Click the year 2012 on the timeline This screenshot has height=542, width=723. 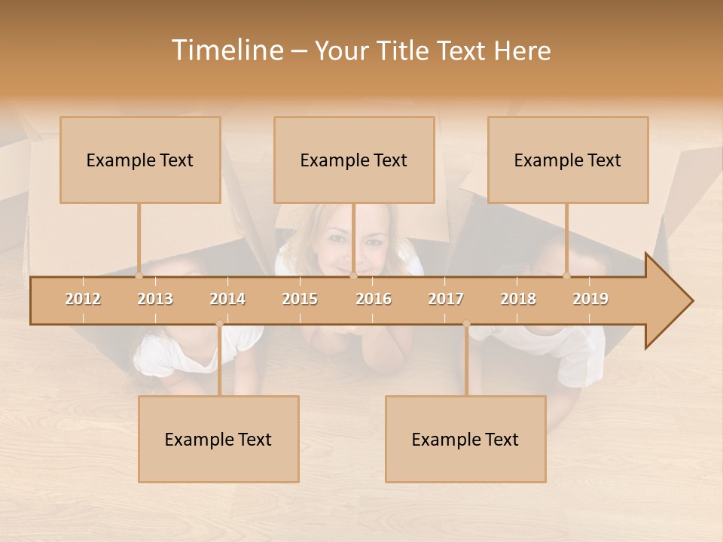(83, 299)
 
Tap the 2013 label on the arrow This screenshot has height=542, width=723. (155, 299)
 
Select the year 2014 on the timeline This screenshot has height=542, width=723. (227, 299)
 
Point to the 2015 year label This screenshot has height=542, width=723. (300, 299)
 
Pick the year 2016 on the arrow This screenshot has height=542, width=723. (374, 299)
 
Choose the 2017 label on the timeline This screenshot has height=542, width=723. (446, 299)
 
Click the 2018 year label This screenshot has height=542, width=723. (518, 299)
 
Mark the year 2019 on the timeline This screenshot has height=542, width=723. (590, 299)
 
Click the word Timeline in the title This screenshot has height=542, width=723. (227, 50)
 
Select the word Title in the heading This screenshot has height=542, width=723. (407, 50)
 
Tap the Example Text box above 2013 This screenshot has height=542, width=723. (140, 160)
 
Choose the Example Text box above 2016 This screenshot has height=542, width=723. (354, 160)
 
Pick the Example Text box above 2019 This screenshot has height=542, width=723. (568, 160)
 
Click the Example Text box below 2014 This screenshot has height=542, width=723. (218, 439)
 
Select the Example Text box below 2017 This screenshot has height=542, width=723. (465, 439)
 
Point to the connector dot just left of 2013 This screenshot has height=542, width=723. (139, 276)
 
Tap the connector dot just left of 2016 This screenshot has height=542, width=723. (353, 276)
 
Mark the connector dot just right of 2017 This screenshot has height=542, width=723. (466, 324)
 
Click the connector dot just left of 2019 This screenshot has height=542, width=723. (567, 276)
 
